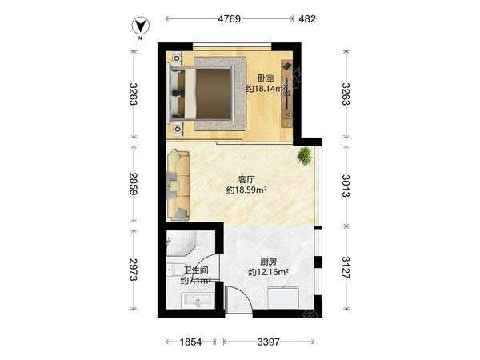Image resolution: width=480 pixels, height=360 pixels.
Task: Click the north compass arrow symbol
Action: pyautogui.click(x=141, y=26)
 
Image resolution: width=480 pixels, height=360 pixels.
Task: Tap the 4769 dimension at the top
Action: pyautogui.click(x=230, y=19)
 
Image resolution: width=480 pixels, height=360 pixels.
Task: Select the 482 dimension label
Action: pyautogui.click(x=307, y=19)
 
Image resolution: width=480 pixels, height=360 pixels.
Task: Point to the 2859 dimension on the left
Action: pyautogui.click(x=134, y=184)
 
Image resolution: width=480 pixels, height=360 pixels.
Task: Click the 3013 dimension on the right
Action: pyautogui.click(x=346, y=186)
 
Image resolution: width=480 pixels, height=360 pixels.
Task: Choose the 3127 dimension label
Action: pyautogui.click(x=346, y=267)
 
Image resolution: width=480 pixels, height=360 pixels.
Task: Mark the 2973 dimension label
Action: pyautogui.click(x=134, y=270)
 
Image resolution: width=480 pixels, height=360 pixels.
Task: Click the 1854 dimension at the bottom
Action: pyautogui.click(x=190, y=342)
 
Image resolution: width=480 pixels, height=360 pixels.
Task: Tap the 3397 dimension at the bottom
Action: pyautogui.click(x=269, y=342)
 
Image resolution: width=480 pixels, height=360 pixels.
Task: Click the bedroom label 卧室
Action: pyautogui.click(x=266, y=78)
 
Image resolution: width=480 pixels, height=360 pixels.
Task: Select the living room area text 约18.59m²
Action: pyautogui.click(x=246, y=190)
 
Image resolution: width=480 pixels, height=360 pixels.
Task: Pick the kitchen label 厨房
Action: pyautogui.click(x=269, y=262)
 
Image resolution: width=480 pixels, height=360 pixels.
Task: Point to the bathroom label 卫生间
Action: pyautogui.click(x=196, y=270)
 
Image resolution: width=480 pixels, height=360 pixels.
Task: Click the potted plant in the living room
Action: pyautogui.click(x=305, y=156)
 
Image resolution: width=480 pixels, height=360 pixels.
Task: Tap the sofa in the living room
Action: pyautogui.click(x=178, y=185)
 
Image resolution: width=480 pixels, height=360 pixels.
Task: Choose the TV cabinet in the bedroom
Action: pyautogui.click(x=287, y=94)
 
